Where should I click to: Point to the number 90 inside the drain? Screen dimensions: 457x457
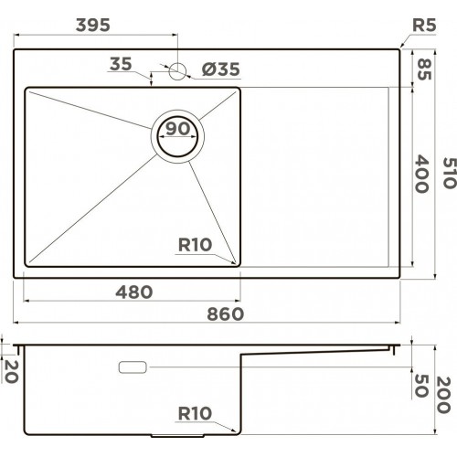click(177, 129)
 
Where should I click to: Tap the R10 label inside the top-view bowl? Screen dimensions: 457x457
click(195, 244)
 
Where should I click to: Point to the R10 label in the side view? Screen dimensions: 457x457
click(193, 414)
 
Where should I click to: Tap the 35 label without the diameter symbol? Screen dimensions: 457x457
click(120, 64)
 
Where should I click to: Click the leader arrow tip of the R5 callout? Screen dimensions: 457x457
click(401, 47)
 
